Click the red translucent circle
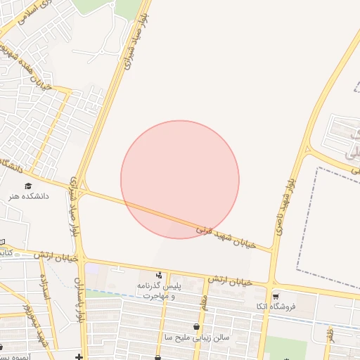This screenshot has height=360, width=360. [x=180, y=179]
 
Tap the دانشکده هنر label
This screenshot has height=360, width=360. [x=29, y=197]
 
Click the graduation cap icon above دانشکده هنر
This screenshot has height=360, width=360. [x=28, y=186]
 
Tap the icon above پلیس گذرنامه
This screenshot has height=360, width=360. [x=160, y=276]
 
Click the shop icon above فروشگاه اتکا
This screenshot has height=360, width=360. [x=276, y=297]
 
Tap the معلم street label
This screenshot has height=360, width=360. [x=205, y=303]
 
